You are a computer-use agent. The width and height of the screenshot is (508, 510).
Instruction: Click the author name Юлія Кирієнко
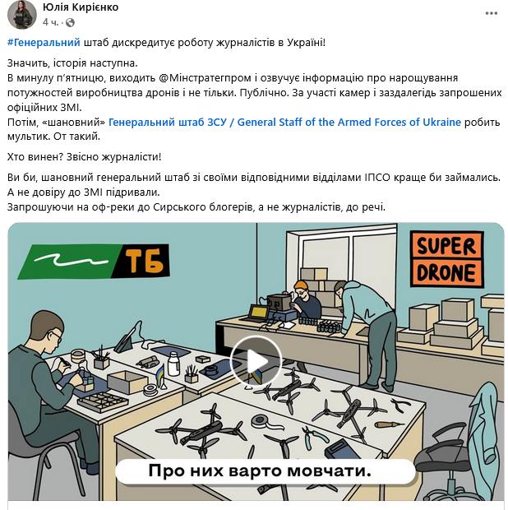(81, 7)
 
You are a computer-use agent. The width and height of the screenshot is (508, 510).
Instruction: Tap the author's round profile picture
(22, 15)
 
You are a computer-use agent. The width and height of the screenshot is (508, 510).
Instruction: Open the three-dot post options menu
(491, 13)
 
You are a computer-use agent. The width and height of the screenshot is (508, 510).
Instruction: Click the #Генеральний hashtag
(44, 43)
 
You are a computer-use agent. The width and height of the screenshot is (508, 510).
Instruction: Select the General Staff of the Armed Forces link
(284, 122)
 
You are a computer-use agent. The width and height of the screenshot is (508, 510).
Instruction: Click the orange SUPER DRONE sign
(447, 258)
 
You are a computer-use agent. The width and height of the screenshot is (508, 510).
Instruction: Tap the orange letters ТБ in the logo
(144, 261)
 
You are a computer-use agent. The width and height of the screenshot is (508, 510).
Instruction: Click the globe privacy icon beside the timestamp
(70, 22)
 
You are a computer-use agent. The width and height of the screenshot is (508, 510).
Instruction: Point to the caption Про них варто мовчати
(260, 471)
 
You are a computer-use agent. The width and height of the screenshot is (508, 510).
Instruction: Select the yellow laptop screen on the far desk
(259, 313)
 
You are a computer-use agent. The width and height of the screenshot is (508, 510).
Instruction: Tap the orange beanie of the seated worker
(301, 285)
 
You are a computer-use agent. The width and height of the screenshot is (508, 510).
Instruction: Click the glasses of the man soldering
(56, 336)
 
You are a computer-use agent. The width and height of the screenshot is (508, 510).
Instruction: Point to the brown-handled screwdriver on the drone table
(389, 424)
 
